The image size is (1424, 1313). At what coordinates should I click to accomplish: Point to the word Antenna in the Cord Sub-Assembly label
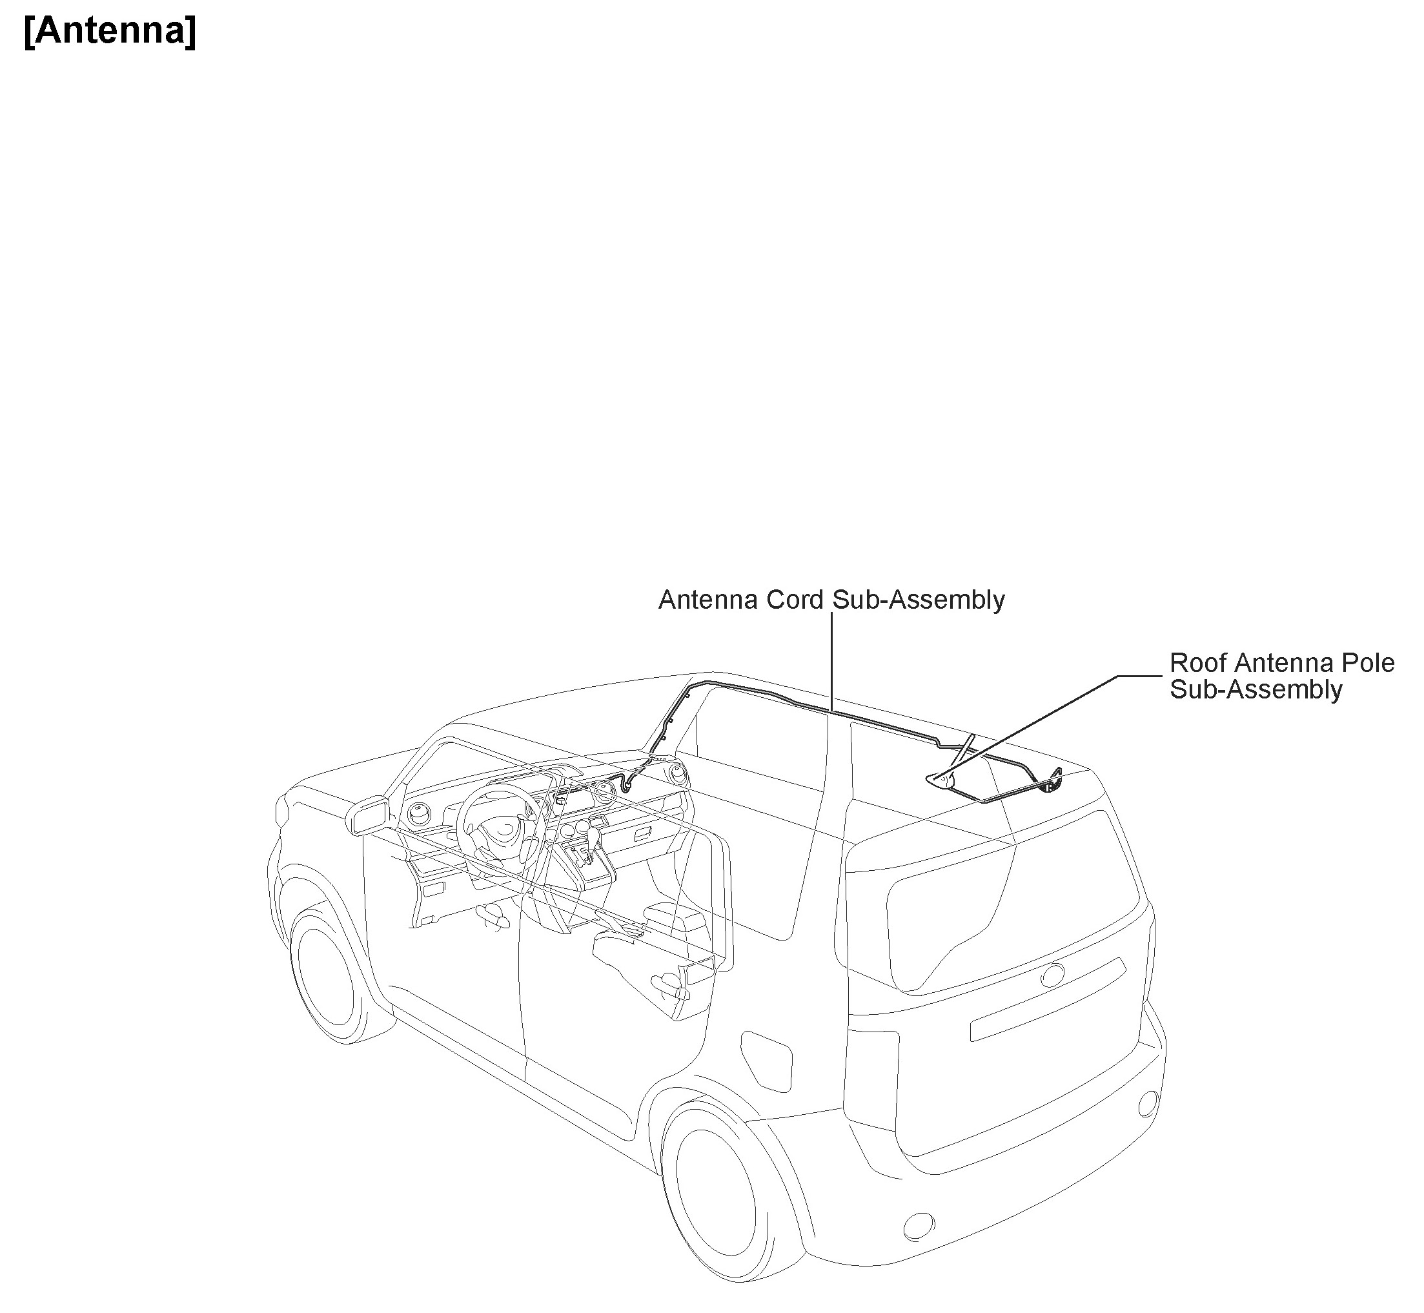[707, 600]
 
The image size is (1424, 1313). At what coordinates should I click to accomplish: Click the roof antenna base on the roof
[939, 780]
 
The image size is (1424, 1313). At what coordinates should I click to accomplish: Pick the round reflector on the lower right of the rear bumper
[1147, 1123]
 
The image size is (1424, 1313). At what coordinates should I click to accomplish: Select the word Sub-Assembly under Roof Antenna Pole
[1256, 690]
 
